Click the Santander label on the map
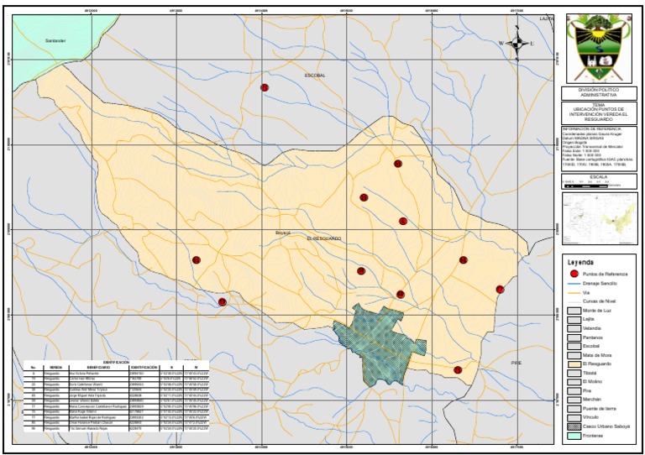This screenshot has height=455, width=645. pyautogui.click(x=55, y=41)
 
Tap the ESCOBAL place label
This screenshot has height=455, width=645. pyautogui.click(x=314, y=76)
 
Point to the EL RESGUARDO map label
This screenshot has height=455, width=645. pyautogui.click(x=324, y=238)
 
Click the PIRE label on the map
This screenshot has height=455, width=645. pyautogui.click(x=516, y=362)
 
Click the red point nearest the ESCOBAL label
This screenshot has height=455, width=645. pyautogui.click(x=265, y=87)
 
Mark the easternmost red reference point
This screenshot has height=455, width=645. pyautogui.click(x=500, y=290)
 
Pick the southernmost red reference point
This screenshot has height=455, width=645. pyautogui.click(x=458, y=370)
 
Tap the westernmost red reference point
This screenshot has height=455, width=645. pyautogui.click(x=196, y=260)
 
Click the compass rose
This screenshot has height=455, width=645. pyautogui.click(x=515, y=44)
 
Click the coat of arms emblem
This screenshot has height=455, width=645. pyautogui.click(x=598, y=48)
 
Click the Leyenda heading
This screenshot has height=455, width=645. pyautogui.click(x=581, y=262)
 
